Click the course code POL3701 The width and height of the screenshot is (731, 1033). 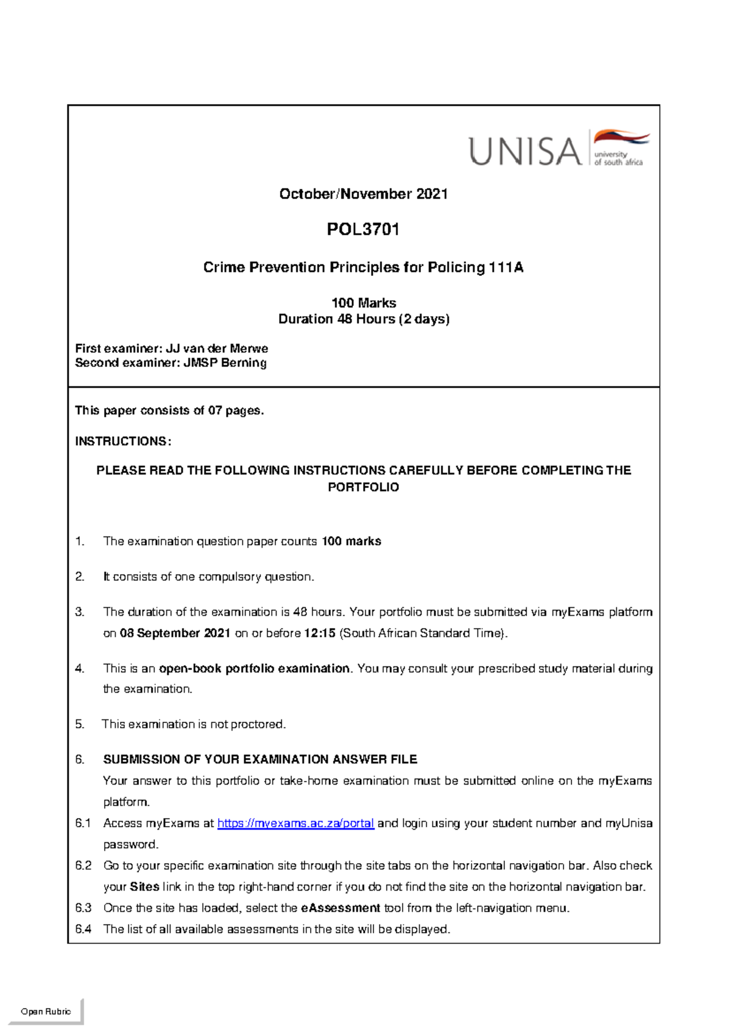tap(363, 230)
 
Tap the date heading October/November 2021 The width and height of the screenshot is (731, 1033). tap(363, 194)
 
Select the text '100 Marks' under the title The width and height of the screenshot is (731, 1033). tap(364, 303)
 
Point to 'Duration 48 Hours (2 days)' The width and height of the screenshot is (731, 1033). tap(364, 319)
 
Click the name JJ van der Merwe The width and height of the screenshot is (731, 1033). tap(217, 348)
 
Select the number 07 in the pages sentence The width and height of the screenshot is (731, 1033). tap(215, 411)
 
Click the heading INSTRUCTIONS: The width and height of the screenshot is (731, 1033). tap(123, 441)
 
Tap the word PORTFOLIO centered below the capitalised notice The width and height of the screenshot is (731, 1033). tap(363, 487)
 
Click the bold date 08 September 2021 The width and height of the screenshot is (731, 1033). tap(175, 633)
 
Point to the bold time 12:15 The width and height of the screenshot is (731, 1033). tap(320, 633)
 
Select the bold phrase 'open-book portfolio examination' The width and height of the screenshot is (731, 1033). tap(254, 669)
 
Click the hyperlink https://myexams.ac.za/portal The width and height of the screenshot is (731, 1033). tap(295, 823)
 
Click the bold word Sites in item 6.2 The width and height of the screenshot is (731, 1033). tap(145, 887)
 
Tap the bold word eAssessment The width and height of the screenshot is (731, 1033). tap(341, 908)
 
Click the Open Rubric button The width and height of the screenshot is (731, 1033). tap(46, 1012)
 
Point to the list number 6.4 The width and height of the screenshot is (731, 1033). tap(83, 929)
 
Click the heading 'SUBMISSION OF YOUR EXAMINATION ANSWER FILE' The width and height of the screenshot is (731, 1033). tap(260, 760)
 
